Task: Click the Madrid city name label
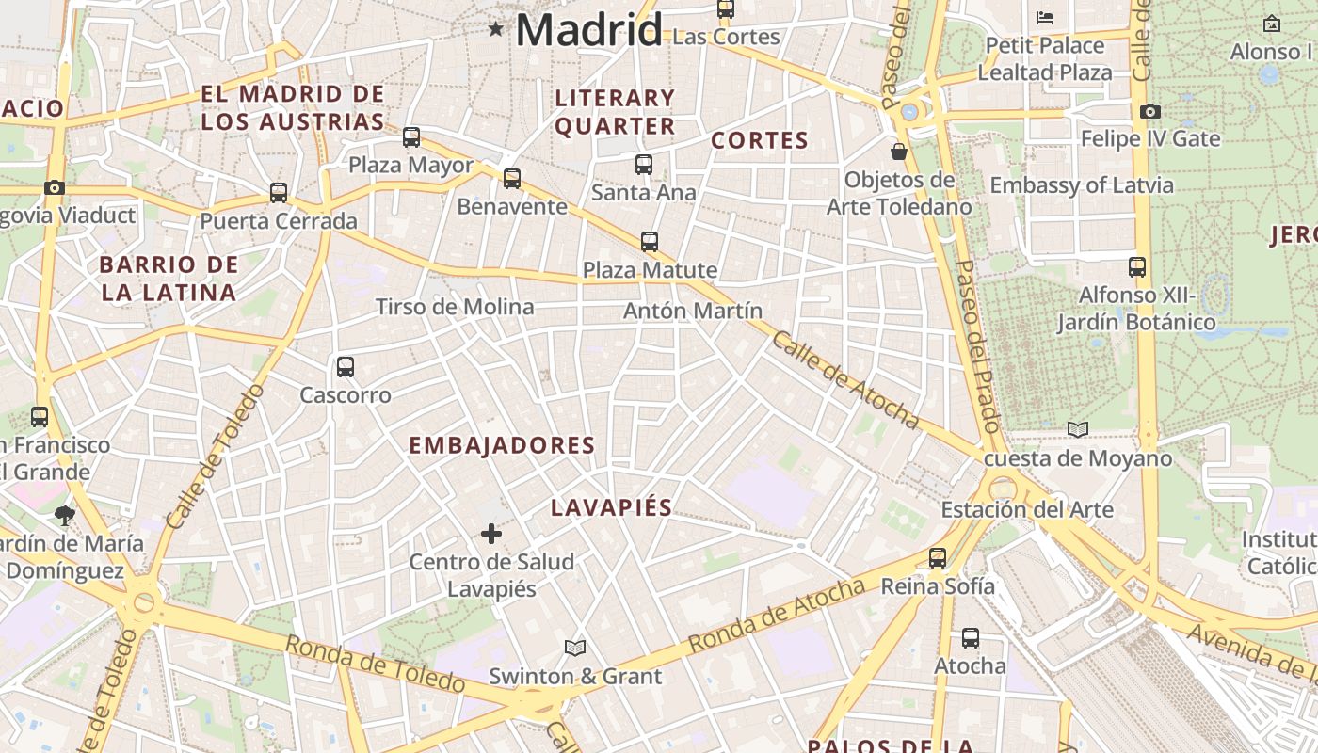[588, 30]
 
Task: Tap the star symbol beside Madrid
[496, 30]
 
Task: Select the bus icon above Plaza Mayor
[411, 137]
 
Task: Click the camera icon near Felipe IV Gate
[1149, 112]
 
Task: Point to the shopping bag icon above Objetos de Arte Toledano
[899, 152]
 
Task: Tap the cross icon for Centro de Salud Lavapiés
[490, 535]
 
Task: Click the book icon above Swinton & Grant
[575, 648]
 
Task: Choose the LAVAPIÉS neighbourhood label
[611, 508]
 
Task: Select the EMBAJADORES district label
[502, 445]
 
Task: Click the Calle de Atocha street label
[844, 379]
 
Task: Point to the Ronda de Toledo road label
[374, 665]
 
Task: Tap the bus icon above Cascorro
[346, 367]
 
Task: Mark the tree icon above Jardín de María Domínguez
[65, 515]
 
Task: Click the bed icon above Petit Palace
[1045, 17]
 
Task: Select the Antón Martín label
[693, 311]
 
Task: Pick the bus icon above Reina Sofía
[937, 558]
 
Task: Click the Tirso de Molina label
[455, 307]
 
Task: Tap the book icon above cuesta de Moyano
[1078, 430]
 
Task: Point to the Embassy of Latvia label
[1082, 185]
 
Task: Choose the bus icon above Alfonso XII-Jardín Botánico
[1137, 267]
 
